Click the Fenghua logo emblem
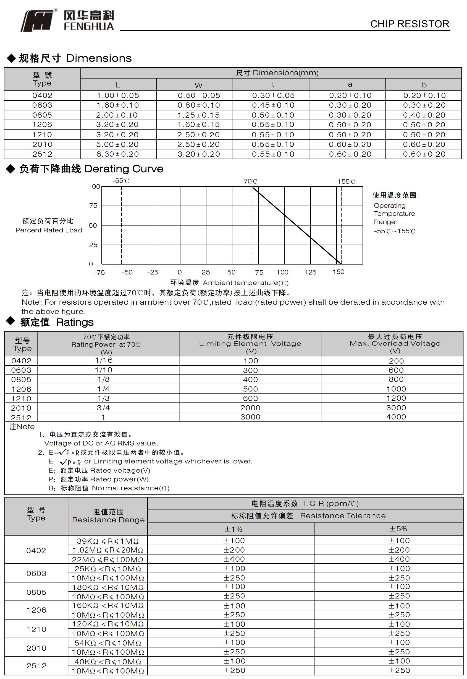pyautogui.click(x=38, y=20)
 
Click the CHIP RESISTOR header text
pyautogui.click(x=409, y=24)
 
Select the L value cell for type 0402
pyautogui.click(x=118, y=95)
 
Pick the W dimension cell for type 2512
pyautogui.click(x=198, y=154)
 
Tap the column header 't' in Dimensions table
pyautogui.click(x=273, y=84)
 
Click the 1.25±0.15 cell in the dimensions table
pyautogui.click(x=198, y=115)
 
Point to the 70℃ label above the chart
pyautogui.click(x=250, y=181)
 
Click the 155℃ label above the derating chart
pyautogui.click(x=346, y=182)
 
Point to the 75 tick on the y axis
pyautogui.click(x=93, y=206)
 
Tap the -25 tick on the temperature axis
pyautogui.click(x=153, y=273)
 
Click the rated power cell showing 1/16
pyautogui.click(x=104, y=360)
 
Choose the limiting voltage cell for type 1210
pyautogui.click(x=250, y=398)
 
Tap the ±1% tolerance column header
pyautogui.click(x=233, y=529)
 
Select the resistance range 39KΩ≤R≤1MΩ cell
pyautogui.click(x=108, y=541)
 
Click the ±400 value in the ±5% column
pyautogui.click(x=399, y=559)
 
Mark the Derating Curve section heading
pyautogui.click(x=91, y=169)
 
